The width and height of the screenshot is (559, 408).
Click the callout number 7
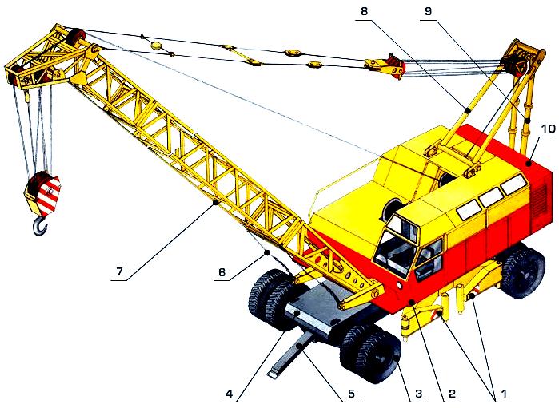pos(119,271)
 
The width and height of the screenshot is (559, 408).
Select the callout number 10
pos(548,129)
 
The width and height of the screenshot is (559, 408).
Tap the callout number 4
pos(229,394)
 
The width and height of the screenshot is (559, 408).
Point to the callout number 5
pos(352,394)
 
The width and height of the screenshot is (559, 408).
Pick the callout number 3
pos(418,394)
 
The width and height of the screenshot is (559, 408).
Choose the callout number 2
pos(452,394)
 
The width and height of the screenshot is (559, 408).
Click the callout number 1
pos(504,394)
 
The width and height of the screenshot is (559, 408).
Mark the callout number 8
pos(364,11)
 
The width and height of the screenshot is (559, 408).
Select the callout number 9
pos(429,11)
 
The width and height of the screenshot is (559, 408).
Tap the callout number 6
pos(222,272)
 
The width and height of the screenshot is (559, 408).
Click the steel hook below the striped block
pos(40,226)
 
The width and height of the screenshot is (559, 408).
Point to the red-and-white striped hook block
pos(42,194)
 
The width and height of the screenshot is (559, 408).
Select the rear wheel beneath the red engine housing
pos(523,271)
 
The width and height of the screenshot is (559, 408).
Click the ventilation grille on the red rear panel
pos(539,201)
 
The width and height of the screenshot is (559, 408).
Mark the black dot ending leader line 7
pos(215,203)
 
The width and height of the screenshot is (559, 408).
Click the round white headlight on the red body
pos(398,285)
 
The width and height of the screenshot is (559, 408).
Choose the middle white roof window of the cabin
pos(491,197)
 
